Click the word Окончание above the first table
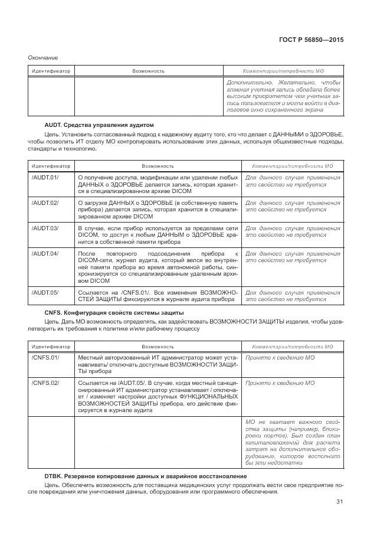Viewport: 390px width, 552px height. coord(43,57)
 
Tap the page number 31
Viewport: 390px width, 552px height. coord(339,502)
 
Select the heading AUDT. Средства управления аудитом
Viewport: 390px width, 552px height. coord(99,125)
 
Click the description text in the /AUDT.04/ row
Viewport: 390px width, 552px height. coord(157,266)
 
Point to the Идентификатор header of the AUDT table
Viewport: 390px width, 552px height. coord(50,166)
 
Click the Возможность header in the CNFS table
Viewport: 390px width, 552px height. coord(157,347)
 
